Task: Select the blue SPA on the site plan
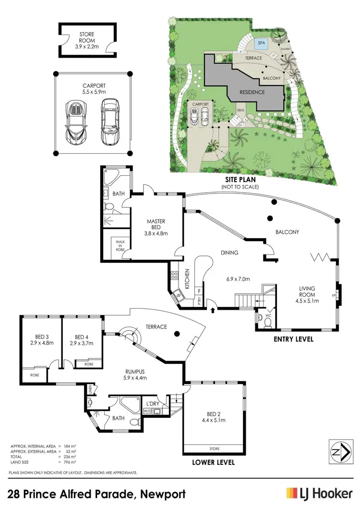pos(262,43)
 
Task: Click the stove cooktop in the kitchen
pos(174,276)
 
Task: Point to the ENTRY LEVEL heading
pos(293,339)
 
